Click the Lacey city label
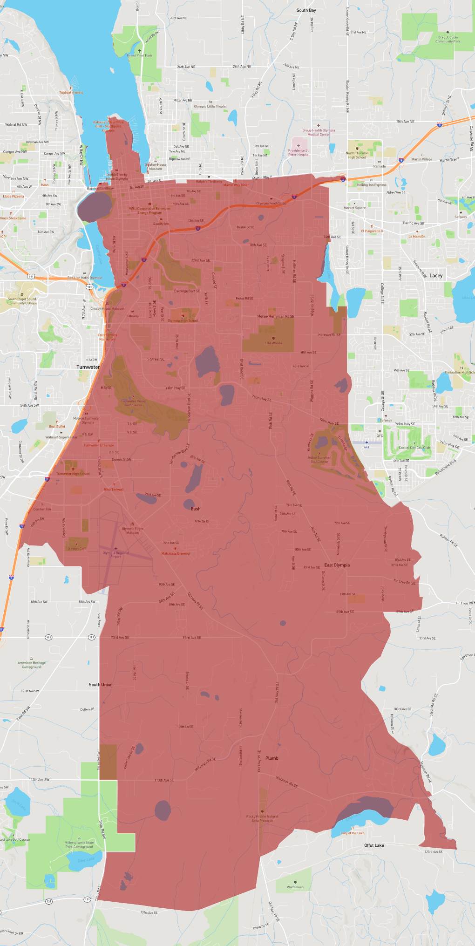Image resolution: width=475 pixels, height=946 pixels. tap(436, 276)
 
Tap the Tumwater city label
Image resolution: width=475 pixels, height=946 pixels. tap(88, 367)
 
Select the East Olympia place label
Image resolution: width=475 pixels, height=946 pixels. tap(337, 565)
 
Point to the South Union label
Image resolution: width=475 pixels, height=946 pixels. tap(101, 685)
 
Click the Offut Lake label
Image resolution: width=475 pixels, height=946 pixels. tap(374, 845)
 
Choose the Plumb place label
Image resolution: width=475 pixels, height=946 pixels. tap(272, 758)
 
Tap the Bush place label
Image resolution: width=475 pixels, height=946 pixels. tap(196, 509)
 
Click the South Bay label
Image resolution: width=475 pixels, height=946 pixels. tap(306, 10)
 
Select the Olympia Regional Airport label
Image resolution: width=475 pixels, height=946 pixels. tap(115, 555)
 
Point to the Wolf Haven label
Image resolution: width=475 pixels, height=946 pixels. tap(295, 887)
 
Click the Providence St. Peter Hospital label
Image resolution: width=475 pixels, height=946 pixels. tap(299, 153)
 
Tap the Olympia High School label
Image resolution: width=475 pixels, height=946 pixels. tap(183, 320)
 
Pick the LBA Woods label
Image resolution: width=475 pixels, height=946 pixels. tap(273, 343)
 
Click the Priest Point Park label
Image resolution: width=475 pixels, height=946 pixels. tap(140, 55)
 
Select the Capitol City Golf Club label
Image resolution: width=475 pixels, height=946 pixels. tap(414, 448)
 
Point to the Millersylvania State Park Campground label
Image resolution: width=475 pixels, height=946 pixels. tap(79, 844)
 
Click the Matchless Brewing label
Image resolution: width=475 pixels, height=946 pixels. tap(176, 554)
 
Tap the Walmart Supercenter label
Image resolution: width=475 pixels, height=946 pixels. tap(61, 437)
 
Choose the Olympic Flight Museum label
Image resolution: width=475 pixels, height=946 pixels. tap(133, 531)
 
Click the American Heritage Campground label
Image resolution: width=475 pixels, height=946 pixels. tap(32, 665)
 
